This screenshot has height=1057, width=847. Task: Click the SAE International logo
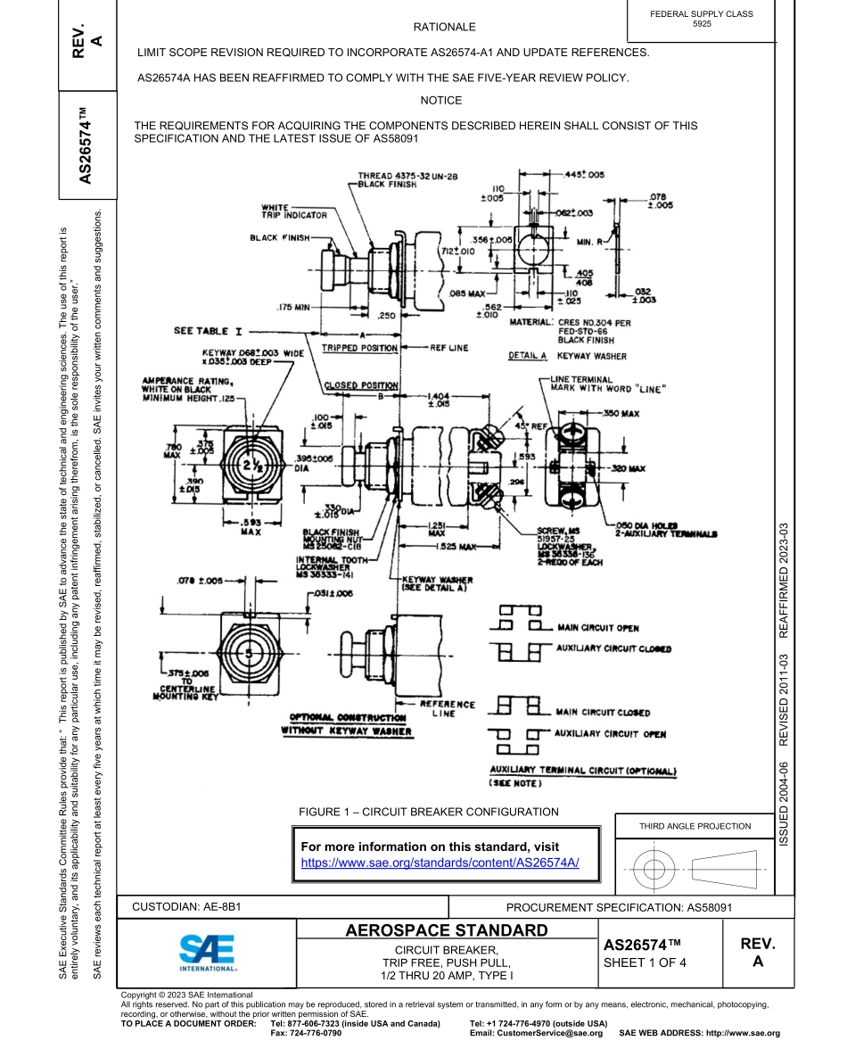coord(207,953)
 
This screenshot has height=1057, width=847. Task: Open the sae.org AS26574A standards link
coord(440,863)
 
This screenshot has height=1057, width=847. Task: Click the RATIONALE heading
coord(444,28)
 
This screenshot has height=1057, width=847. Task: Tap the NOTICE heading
coord(441,101)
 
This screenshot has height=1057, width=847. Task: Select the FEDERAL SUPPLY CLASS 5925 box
coord(702,20)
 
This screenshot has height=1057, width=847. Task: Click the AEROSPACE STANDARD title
coord(447,931)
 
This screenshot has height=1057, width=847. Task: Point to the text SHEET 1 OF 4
coord(646,962)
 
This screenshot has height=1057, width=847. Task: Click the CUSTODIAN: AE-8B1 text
coord(186,906)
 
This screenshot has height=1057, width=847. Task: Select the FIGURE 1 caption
coord(429,812)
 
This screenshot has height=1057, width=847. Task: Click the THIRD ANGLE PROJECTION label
coord(695,826)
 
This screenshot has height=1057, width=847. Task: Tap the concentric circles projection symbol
coord(654,866)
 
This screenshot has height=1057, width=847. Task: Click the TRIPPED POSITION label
coord(359,348)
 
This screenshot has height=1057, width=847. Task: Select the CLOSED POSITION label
coord(360,385)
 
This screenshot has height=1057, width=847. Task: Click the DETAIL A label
coord(528,356)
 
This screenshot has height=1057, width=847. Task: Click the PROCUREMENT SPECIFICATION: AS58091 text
coord(619,906)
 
